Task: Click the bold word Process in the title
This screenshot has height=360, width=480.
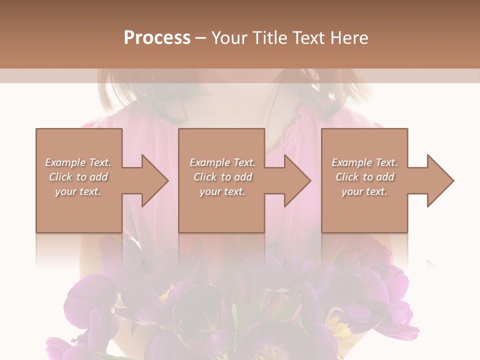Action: pos(157,38)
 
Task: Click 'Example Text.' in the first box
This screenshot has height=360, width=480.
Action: pos(78,162)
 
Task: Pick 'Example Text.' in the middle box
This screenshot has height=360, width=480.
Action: pos(222,162)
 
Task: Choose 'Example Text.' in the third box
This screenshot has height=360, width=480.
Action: pos(364,162)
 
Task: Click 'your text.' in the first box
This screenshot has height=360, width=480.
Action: pos(78,191)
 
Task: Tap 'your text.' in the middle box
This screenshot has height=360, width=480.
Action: pos(222,191)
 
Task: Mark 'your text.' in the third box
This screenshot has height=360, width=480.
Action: pos(364,191)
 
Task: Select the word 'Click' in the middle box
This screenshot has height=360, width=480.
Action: pos(205,177)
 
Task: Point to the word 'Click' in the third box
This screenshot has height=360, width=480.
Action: pos(347,177)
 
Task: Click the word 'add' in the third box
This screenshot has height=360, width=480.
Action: pos(385,177)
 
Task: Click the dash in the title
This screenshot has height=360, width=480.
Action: pos(201,38)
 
